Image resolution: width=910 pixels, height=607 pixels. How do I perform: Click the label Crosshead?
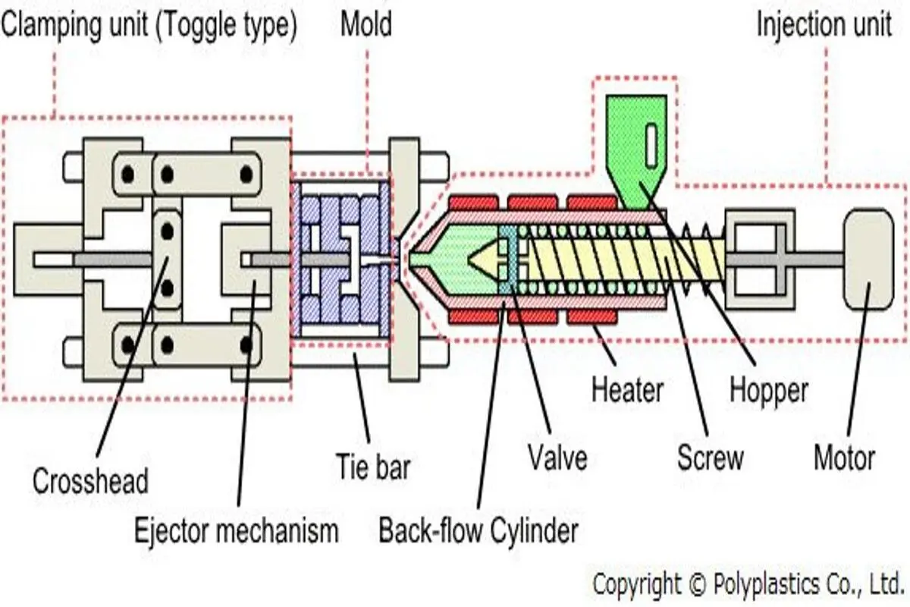pyautogui.click(x=90, y=481)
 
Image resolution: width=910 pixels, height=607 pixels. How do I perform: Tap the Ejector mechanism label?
pyautogui.click(x=237, y=530)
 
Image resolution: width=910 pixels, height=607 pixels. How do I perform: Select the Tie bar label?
pyautogui.click(x=373, y=467)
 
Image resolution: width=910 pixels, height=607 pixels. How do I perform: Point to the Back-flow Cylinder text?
pyautogui.click(x=479, y=530)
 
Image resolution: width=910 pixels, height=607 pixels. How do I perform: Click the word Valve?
pyautogui.click(x=558, y=458)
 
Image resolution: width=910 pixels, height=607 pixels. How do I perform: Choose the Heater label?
pyautogui.click(x=628, y=390)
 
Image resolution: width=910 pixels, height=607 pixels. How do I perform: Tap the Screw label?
pyautogui.click(x=711, y=458)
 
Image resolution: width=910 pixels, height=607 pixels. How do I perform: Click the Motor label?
pyautogui.click(x=845, y=458)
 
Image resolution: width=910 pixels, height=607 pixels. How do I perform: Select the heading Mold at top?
pyautogui.click(x=366, y=24)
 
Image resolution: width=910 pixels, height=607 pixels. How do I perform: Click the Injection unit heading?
pyautogui.click(x=824, y=24)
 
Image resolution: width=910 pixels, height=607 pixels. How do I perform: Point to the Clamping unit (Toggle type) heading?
pyautogui.click(x=149, y=25)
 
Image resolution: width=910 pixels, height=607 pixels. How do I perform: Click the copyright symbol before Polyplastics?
pyautogui.click(x=697, y=585)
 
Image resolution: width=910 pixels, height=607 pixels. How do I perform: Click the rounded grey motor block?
pyautogui.click(x=868, y=259)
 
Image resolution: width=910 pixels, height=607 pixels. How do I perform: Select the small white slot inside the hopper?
pyautogui.click(x=651, y=145)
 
